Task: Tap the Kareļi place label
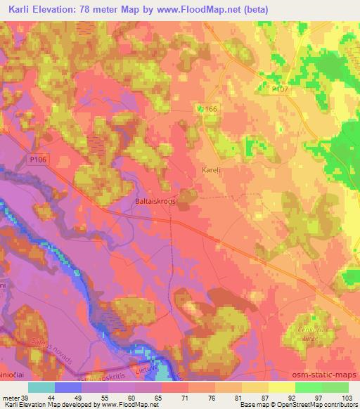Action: (x=203, y=171)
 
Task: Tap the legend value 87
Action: (x=268, y=397)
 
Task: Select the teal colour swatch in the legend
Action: (x=41, y=387)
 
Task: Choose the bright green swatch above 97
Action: (x=309, y=387)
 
